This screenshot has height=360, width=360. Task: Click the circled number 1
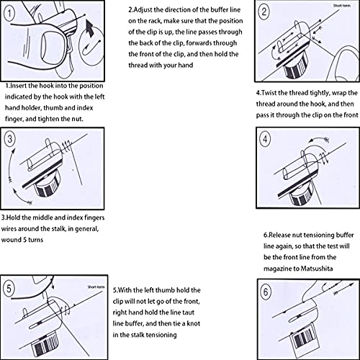pos(9,13)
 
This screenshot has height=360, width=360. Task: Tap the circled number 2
pos(264,12)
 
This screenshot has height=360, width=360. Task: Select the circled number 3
pos(9,139)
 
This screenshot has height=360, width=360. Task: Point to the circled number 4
pos(265,139)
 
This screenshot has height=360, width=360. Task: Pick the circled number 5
pos(9,289)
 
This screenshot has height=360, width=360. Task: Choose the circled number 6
pos(266,292)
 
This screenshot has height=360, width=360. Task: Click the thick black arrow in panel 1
pos(90,28)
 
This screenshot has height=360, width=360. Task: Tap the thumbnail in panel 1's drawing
pos(49,47)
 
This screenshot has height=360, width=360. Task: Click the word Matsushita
pos(317,269)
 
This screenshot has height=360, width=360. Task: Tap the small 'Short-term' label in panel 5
pos(96,287)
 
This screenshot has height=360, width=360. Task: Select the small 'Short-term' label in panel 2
pos(342,6)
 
